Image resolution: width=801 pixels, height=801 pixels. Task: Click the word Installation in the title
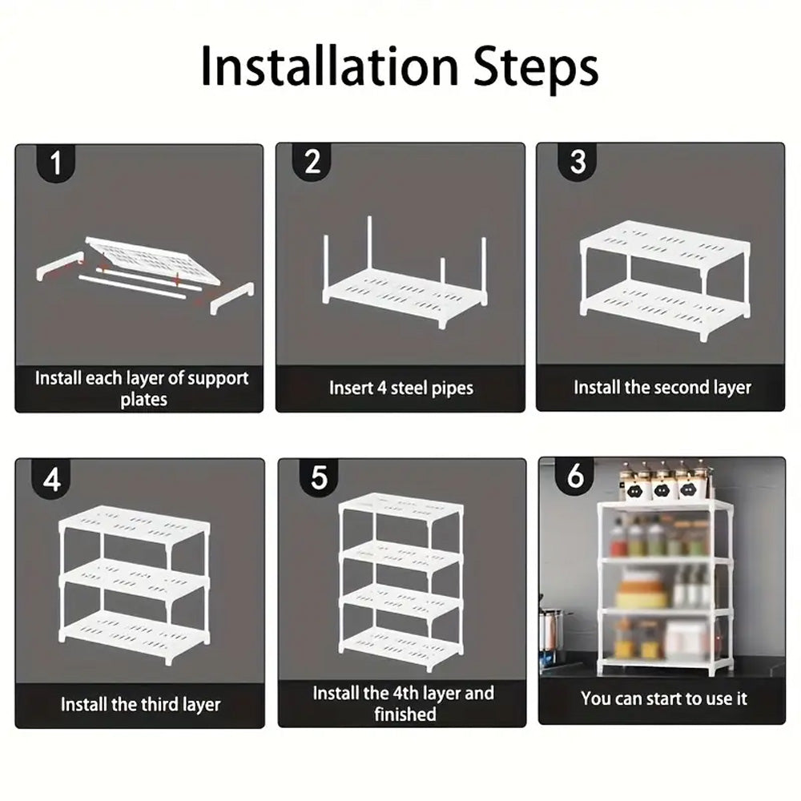point(329,66)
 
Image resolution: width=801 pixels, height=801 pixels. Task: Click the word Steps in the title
point(536,68)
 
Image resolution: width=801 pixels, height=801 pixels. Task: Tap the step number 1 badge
point(56,163)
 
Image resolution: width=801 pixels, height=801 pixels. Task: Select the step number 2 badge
point(312,162)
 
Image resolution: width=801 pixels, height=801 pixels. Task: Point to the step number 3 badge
point(578,162)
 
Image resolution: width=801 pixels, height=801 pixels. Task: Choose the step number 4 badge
point(51,479)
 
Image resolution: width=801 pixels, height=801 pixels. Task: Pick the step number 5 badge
point(320,477)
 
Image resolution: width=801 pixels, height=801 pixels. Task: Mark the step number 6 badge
point(574,476)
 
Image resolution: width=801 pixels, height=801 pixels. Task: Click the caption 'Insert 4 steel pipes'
point(401,388)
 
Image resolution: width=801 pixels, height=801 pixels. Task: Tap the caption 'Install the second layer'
point(662,387)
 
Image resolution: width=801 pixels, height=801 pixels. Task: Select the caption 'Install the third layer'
point(140,704)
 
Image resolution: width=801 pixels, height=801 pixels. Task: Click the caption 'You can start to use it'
point(663,698)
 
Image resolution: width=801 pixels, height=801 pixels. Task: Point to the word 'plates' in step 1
point(144,399)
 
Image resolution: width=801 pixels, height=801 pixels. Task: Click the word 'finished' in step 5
point(405,714)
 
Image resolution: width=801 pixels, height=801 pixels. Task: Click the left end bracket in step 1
point(60,265)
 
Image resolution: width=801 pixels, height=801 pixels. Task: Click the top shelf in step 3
point(666,243)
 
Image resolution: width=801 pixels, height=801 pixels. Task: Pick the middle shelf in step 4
point(135,579)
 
